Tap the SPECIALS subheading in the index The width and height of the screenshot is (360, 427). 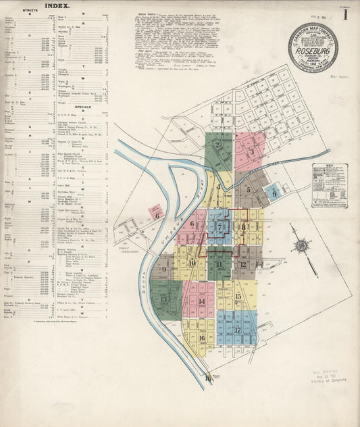point(83,107)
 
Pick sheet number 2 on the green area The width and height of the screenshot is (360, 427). point(218,145)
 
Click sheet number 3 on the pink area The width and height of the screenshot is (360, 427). point(251,152)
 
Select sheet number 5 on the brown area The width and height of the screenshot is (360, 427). point(249,190)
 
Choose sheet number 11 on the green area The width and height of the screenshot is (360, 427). point(220,264)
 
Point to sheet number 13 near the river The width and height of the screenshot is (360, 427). point(163,299)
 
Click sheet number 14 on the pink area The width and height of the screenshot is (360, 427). point(202,301)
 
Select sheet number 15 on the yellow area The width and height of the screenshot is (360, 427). point(238,296)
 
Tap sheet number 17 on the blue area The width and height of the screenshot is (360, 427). point(238,330)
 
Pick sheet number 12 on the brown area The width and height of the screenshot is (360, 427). point(243,264)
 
